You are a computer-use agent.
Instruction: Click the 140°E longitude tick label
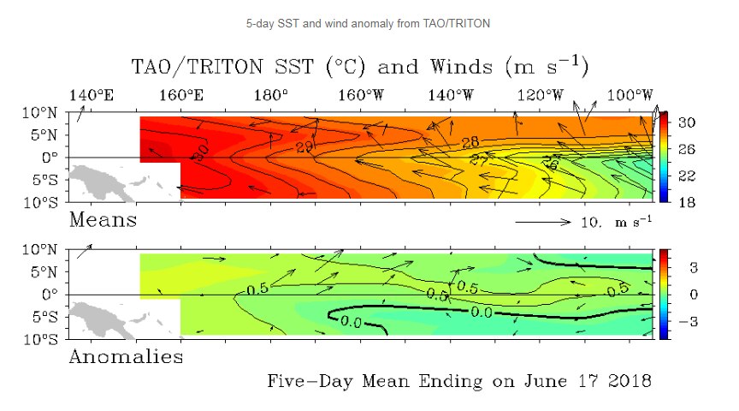[92, 94]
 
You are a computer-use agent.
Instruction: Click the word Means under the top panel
[102, 220]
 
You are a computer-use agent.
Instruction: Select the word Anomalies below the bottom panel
[125, 356]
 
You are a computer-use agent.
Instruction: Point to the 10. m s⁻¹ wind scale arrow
[542, 222]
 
